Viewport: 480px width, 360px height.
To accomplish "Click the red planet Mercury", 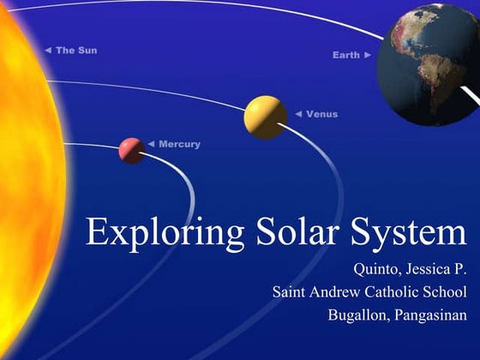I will [131, 150].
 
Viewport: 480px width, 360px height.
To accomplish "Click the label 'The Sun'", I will [76, 51].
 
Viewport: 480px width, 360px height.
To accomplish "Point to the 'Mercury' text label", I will [179, 144].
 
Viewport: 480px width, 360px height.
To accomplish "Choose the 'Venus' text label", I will [321, 114].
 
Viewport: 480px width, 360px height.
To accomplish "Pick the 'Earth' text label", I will [347, 55].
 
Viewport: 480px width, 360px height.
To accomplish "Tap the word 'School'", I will [447, 291].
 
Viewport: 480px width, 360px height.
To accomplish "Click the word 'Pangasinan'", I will [433, 315].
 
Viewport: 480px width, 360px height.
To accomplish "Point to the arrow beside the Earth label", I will [368, 55].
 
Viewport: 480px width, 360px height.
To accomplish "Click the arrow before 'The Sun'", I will [48, 51].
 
